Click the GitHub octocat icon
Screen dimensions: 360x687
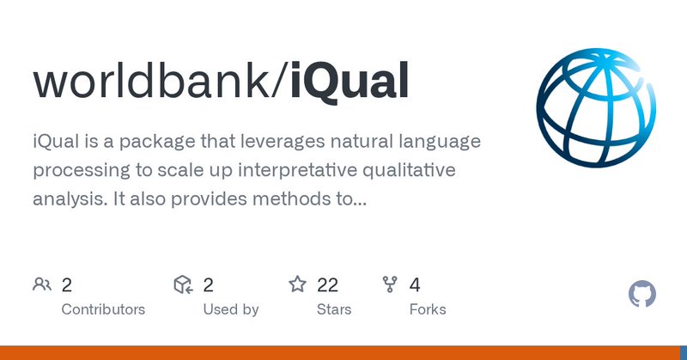pyautogui.click(x=642, y=294)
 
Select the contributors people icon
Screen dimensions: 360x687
pyautogui.click(x=41, y=284)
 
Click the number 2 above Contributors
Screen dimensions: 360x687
pyautogui.click(x=67, y=284)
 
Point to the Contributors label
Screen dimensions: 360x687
pyautogui.click(x=103, y=309)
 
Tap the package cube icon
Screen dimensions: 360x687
pyautogui.click(x=182, y=284)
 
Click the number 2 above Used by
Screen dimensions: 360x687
pyautogui.click(x=208, y=284)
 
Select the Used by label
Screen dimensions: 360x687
pyautogui.click(x=230, y=309)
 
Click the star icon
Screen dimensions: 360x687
pyautogui.click(x=297, y=284)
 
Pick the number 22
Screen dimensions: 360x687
pyautogui.click(x=327, y=284)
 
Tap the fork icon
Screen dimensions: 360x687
pyautogui.click(x=390, y=284)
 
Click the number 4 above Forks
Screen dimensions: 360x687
pyautogui.click(x=416, y=284)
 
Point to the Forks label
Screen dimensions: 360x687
pyautogui.click(x=428, y=309)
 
